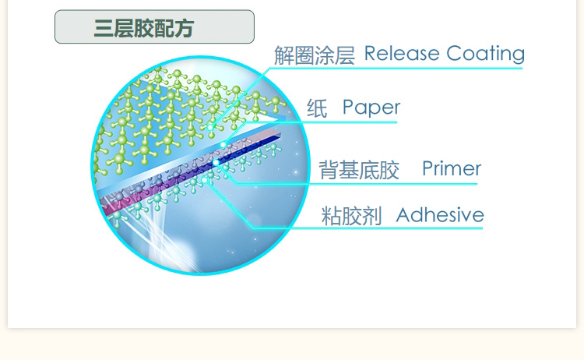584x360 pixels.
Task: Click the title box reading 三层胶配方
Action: click(x=154, y=27)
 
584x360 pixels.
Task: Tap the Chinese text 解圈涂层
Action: click(x=314, y=55)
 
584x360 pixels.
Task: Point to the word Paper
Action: click(x=371, y=108)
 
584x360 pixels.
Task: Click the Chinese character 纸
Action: click(x=316, y=108)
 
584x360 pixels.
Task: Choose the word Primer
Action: click(x=452, y=169)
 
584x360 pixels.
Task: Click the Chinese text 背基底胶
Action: click(x=359, y=171)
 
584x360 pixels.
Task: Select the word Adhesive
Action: click(x=440, y=215)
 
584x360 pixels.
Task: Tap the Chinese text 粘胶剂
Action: click(x=352, y=217)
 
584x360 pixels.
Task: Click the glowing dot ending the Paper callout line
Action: click(x=224, y=145)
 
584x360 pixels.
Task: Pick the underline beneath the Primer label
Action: click(x=366, y=185)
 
